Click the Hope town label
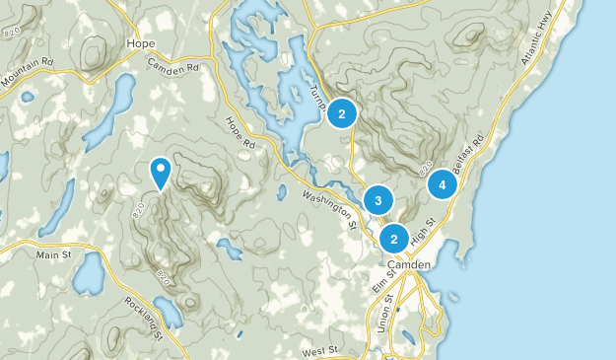[x=141, y=43]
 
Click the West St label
[x=320, y=350]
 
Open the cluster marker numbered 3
[x=377, y=201]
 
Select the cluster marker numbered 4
[x=442, y=183]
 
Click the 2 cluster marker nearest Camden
[x=394, y=238]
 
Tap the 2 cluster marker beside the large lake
[x=341, y=113]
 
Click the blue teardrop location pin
[x=160, y=174]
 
